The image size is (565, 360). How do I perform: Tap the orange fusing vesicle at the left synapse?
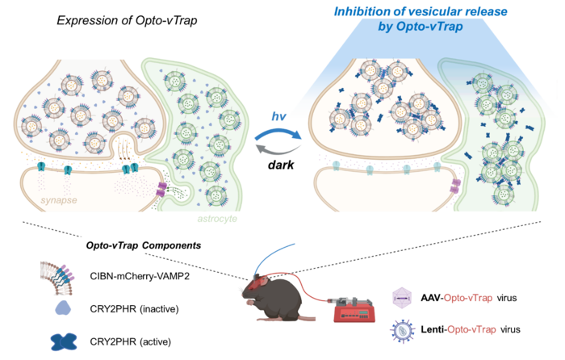123,146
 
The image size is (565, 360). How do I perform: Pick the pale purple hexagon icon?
402,298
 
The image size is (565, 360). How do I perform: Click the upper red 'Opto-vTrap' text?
467,298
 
